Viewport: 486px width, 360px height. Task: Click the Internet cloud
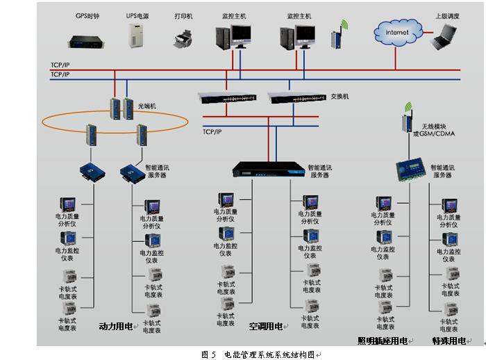[x=396, y=32]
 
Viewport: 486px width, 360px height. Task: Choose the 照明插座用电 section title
[x=383, y=341]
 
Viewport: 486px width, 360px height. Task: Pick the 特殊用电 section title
[x=449, y=341]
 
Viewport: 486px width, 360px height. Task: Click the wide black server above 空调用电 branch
[x=267, y=170]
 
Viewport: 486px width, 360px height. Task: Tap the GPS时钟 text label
[x=87, y=15]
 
